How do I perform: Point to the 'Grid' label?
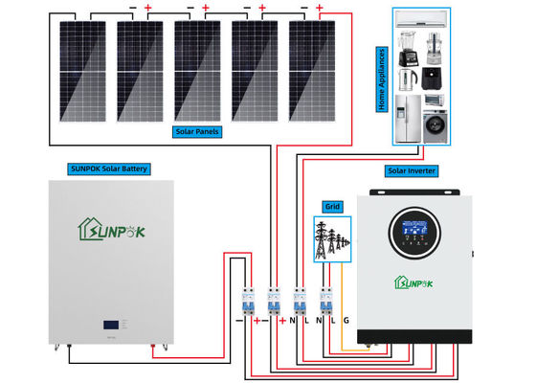click(x=332, y=206)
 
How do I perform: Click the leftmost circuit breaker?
click(x=247, y=303)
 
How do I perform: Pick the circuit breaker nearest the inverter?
click(x=325, y=303)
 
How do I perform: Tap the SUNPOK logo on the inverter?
click(x=414, y=281)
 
